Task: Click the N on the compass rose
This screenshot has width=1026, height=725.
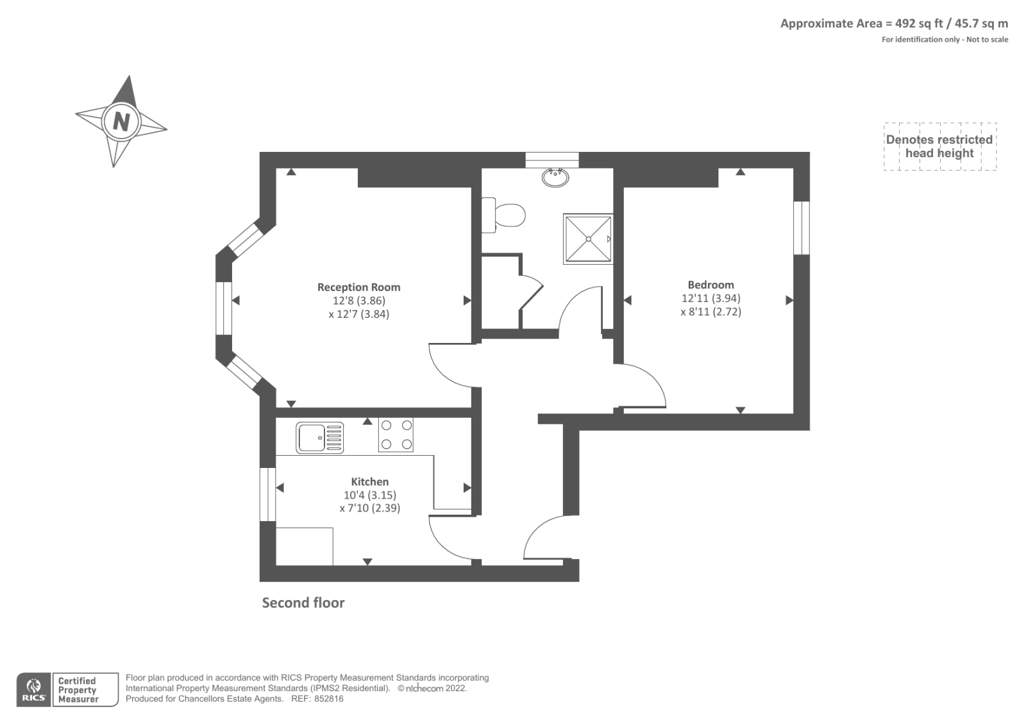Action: (x=121, y=122)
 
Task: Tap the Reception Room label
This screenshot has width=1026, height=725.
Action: (x=358, y=287)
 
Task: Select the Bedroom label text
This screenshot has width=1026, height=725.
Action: (x=711, y=285)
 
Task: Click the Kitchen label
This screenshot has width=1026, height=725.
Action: (x=369, y=481)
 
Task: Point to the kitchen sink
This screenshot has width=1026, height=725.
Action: (x=320, y=438)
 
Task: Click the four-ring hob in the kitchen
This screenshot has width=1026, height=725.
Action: (x=396, y=435)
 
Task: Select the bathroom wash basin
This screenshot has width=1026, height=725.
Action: (x=555, y=177)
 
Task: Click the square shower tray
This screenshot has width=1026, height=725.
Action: (x=588, y=238)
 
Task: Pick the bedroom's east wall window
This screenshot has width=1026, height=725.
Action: (x=802, y=228)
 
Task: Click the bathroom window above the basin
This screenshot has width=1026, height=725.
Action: (x=552, y=160)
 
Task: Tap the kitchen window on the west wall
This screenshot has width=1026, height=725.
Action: (x=268, y=494)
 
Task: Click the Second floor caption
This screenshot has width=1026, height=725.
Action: (x=303, y=603)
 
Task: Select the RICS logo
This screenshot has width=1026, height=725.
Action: (x=34, y=690)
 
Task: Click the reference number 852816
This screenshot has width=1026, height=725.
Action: (x=328, y=699)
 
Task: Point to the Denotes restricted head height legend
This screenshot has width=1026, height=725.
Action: (x=939, y=147)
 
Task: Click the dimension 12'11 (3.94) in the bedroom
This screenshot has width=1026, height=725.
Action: (x=711, y=298)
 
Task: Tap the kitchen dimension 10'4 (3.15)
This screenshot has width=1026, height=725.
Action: (x=370, y=495)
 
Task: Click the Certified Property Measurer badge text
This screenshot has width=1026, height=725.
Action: (x=78, y=690)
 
